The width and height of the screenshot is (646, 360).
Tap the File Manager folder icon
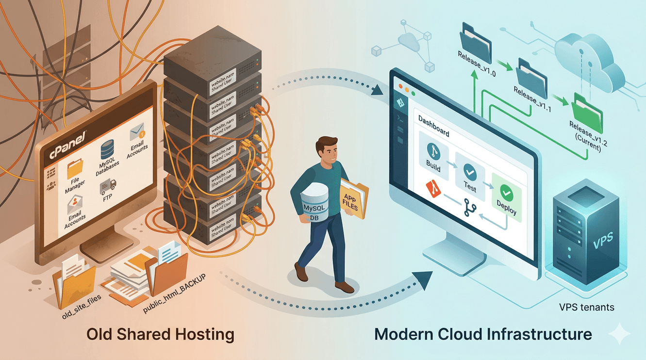(76, 170)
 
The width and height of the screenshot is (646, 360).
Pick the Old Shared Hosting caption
(160, 334)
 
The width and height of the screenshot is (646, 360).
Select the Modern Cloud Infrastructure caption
(483, 334)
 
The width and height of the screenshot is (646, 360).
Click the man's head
(325, 150)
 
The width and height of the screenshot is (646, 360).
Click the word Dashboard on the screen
(433, 126)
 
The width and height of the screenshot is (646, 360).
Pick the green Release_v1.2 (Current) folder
(588, 112)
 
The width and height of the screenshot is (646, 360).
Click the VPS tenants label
(586, 307)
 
